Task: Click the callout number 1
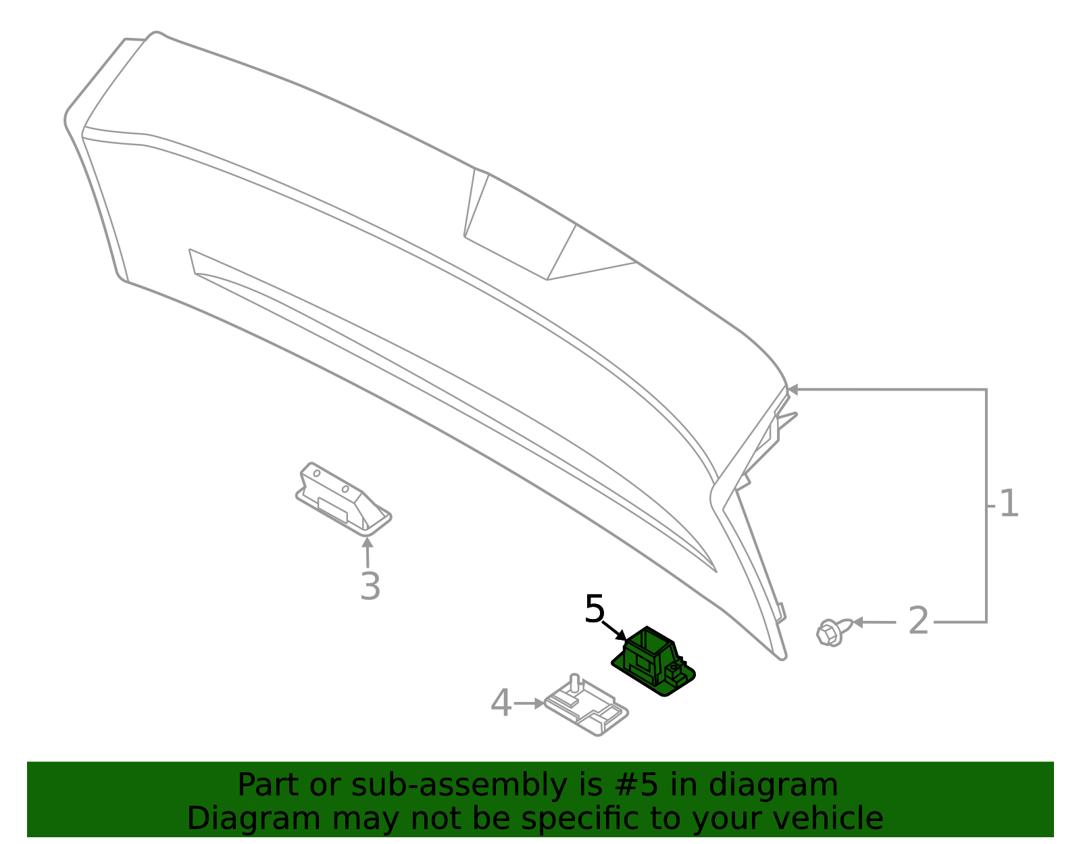pyautogui.click(x=1009, y=503)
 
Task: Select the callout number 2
pyautogui.click(x=918, y=621)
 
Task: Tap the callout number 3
pyautogui.click(x=370, y=586)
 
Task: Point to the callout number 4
pyautogui.click(x=501, y=703)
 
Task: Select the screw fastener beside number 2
pyautogui.click(x=834, y=632)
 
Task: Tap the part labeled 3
pyautogui.click(x=343, y=499)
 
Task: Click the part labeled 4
pyautogui.click(x=586, y=705)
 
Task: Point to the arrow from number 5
pyautogui.click(x=614, y=630)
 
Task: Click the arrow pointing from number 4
pyautogui.click(x=529, y=703)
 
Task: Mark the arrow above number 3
pyautogui.click(x=368, y=552)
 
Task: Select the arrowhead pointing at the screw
pyautogui.click(x=858, y=622)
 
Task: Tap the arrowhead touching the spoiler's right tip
pyautogui.click(x=793, y=390)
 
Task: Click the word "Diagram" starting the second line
pyautogui.click(x=254, y=819)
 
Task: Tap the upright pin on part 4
pyautogui.click(x=574, y=683)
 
